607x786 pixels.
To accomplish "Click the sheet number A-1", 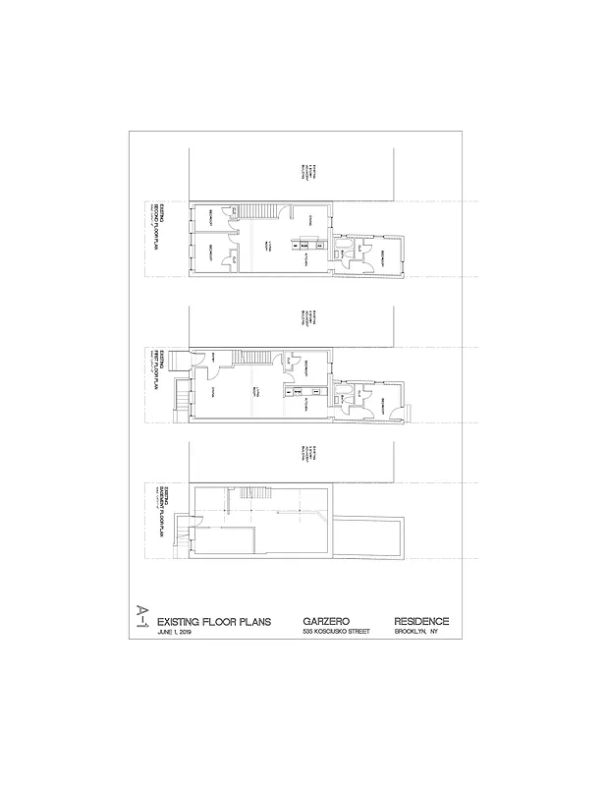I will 142,620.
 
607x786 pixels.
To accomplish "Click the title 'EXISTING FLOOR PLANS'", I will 210,621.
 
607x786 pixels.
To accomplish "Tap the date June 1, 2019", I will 177,631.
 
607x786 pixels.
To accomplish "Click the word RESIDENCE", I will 421,621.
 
